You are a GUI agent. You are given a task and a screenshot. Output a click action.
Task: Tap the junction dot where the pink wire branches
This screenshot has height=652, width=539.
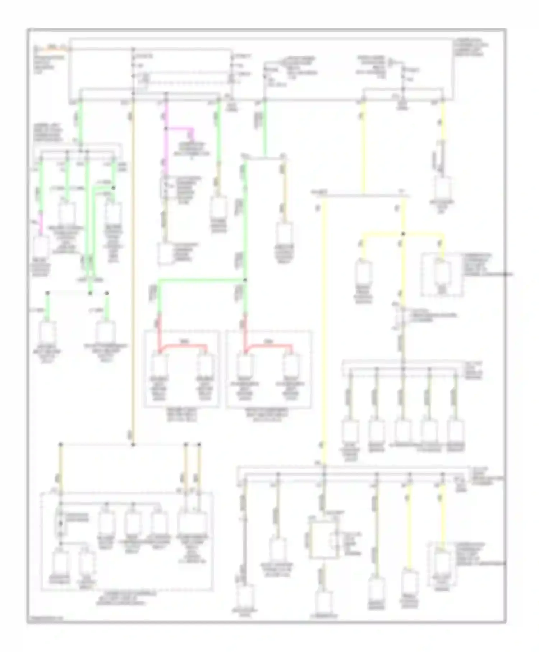pos(166,128)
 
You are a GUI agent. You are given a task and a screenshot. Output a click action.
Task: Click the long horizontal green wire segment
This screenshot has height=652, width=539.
pos(201,279)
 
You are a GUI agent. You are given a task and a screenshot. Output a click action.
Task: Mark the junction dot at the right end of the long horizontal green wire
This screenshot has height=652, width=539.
pos(245,279)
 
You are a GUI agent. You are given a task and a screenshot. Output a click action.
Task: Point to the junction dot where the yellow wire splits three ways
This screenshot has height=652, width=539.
pos(403,234)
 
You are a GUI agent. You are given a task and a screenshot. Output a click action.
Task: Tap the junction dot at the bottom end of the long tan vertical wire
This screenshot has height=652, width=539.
pos(133,445)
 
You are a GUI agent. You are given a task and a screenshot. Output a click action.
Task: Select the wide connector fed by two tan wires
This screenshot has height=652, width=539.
pos(192,523)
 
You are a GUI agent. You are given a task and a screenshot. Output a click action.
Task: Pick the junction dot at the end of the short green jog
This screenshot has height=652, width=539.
pos(113,188)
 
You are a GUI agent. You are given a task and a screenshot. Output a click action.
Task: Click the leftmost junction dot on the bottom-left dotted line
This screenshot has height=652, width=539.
pos(61,445)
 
